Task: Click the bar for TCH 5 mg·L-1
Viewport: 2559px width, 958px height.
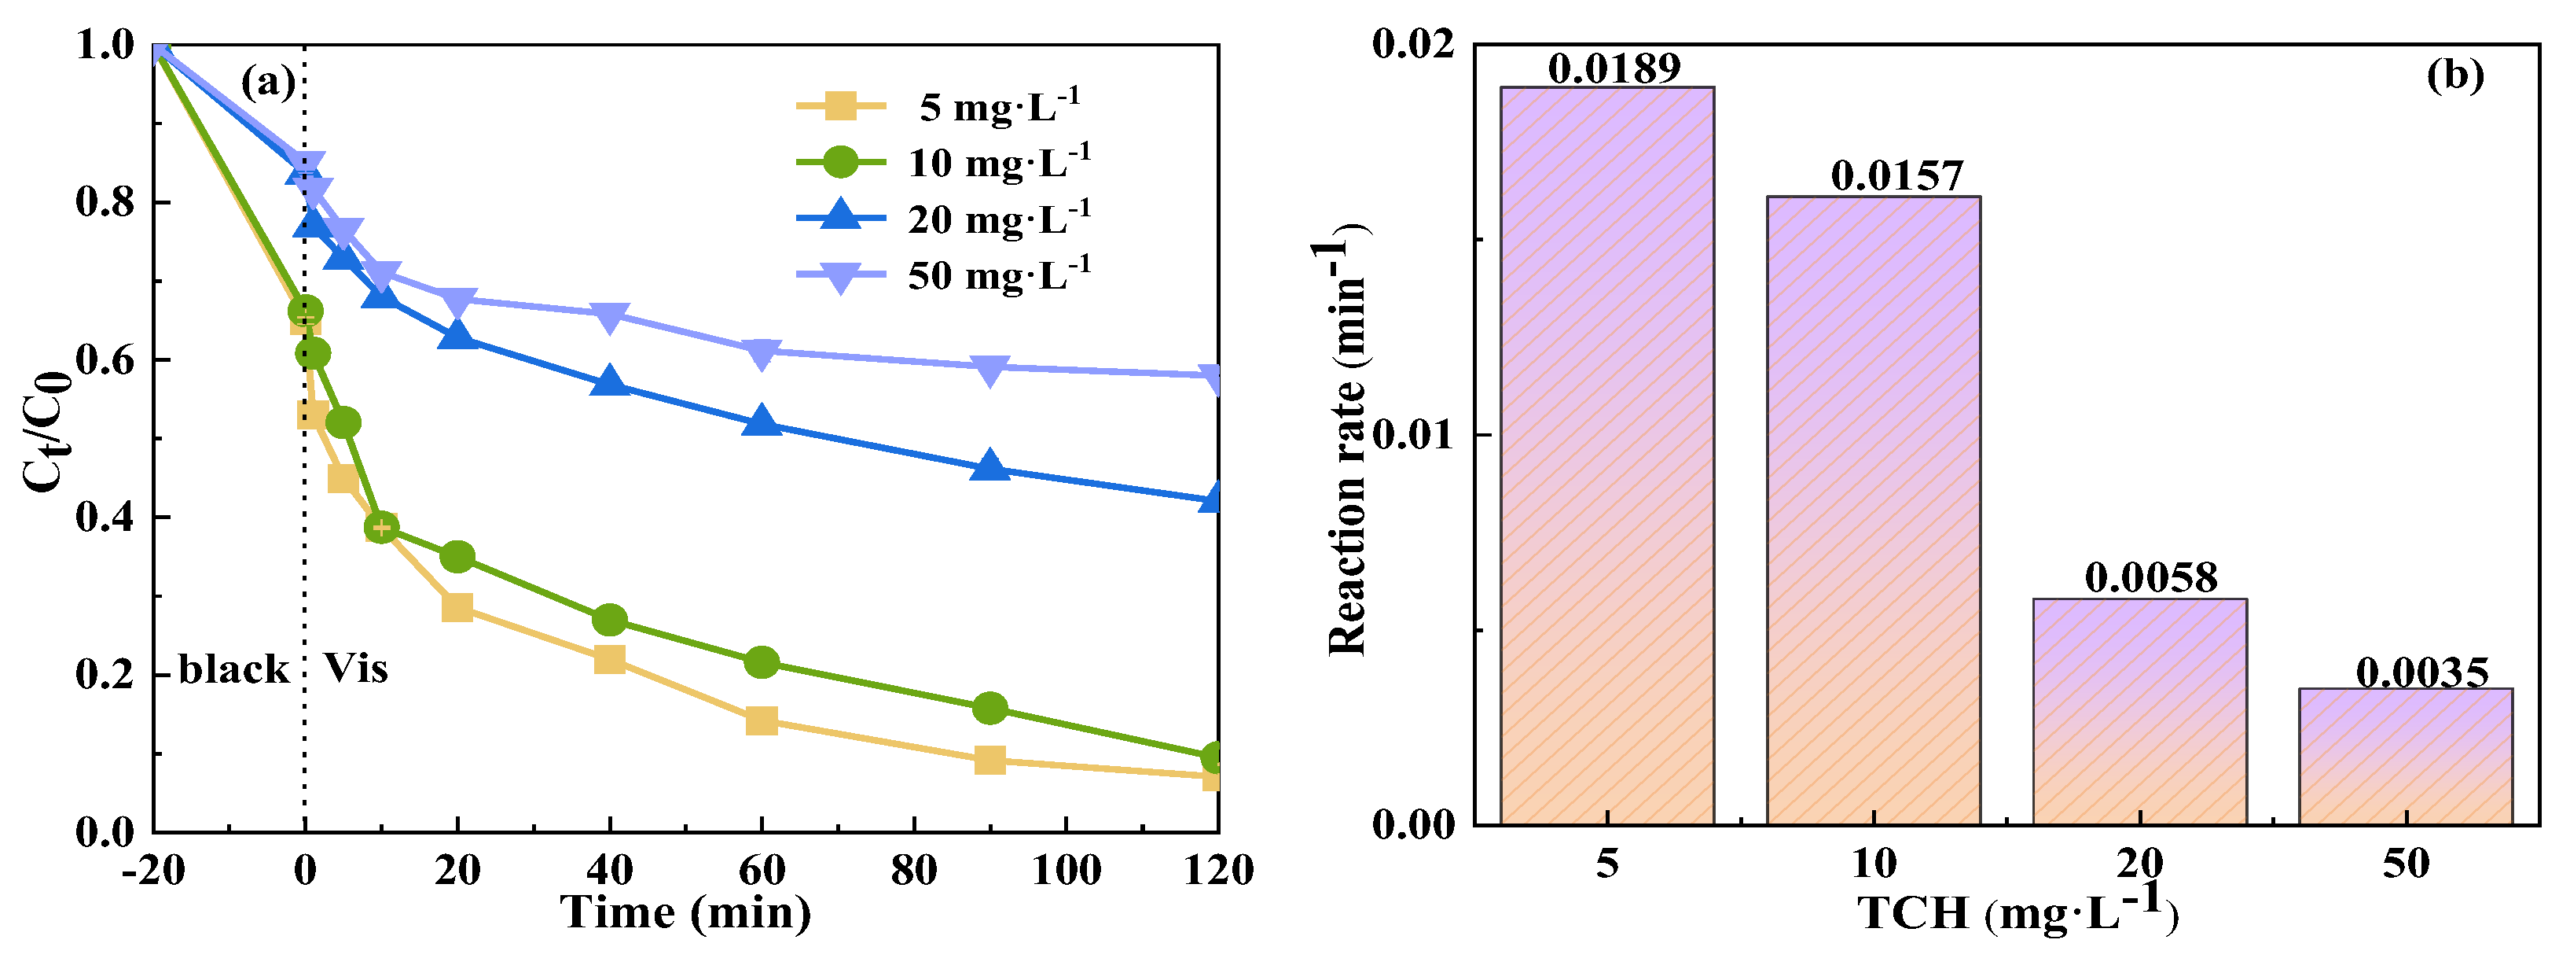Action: click(1606, 457)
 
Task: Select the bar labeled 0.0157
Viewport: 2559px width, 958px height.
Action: click(1873, 512)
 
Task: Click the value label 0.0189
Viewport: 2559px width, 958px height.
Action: click(1614, 68)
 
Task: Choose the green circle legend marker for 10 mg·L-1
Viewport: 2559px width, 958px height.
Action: click(840, 161)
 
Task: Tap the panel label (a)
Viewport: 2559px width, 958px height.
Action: click(268, 82)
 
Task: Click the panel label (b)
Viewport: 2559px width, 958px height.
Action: click(2454, 75)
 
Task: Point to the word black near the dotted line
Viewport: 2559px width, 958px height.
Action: click(233, 670)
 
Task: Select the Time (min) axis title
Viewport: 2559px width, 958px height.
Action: click(685, 912)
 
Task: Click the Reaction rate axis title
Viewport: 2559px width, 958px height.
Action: click(1348, 448)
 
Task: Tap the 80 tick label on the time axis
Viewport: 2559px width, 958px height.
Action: click(913, 871)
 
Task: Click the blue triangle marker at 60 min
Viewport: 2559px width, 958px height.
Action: click(761, 422)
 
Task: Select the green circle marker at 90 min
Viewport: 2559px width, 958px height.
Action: click(989, 709)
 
